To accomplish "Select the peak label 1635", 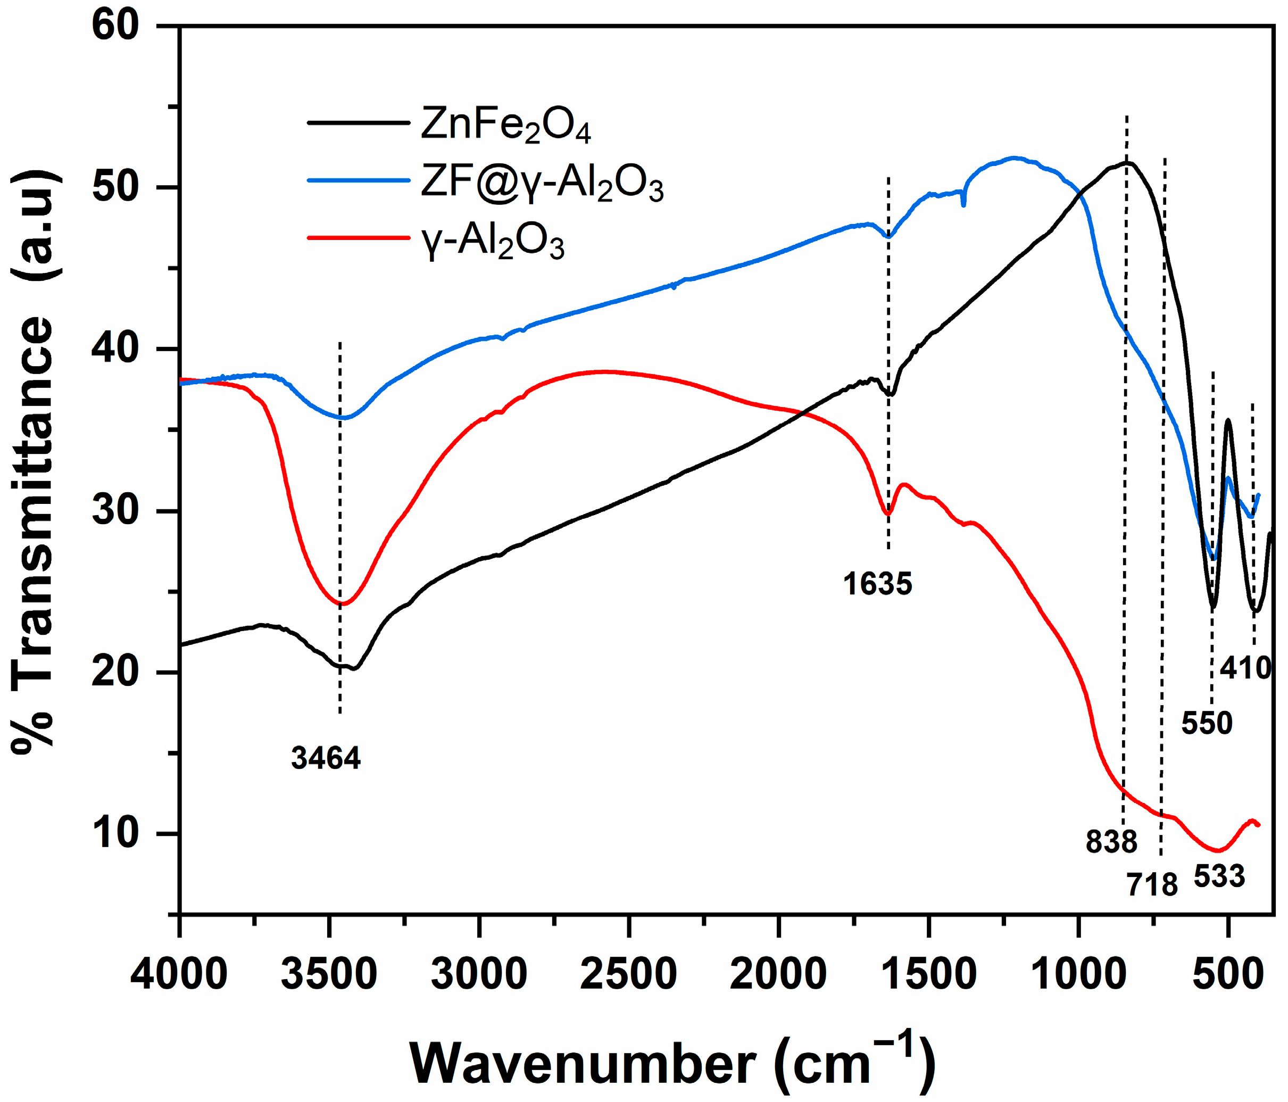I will pos(877,584).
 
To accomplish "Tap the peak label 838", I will pos(1111,842).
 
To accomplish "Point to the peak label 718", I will pos(1152,884).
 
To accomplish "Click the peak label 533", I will pos(1219,876).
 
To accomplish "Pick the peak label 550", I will pos(1206,723).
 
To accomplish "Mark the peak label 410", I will pos(1244,668).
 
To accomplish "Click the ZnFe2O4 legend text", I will pos(505,125).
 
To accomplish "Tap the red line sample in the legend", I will pos(359,237).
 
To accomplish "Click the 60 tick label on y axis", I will pos(114,26).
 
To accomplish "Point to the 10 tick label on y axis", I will pos(114,833).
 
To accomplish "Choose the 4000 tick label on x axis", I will pos(179,974).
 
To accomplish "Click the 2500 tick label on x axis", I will pos(628,974).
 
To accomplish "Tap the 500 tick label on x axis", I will pos(1228,974).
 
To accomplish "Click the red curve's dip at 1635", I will pos(888,513).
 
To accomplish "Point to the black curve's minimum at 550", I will pos(1212,608).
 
